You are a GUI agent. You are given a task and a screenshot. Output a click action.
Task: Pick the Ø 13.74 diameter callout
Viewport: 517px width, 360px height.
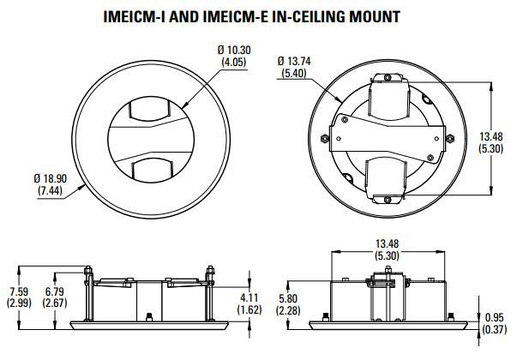[295, 61]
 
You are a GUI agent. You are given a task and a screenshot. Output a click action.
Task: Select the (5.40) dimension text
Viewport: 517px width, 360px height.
[294, 73]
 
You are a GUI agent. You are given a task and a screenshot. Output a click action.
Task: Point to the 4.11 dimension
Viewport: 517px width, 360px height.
[249, 297]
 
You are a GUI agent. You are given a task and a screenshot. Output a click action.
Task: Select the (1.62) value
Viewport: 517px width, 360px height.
[249, 309]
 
